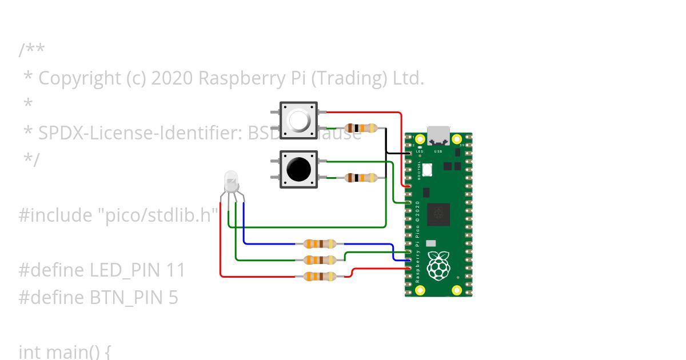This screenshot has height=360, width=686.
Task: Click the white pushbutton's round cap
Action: (x=298, y=120)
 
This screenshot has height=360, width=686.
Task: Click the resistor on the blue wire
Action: (x=320, y=244)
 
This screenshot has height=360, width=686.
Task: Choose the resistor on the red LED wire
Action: (x=320, y=277)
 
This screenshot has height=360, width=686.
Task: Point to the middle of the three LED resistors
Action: (x=320, y=261)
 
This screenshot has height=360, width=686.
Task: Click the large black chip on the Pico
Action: (x=438, y=214)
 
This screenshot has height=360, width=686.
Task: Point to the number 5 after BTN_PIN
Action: (x=173, y=298)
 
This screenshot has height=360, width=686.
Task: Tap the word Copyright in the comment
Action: (x=79, y=78)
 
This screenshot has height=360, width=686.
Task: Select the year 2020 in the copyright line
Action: (x=172, y=78)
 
